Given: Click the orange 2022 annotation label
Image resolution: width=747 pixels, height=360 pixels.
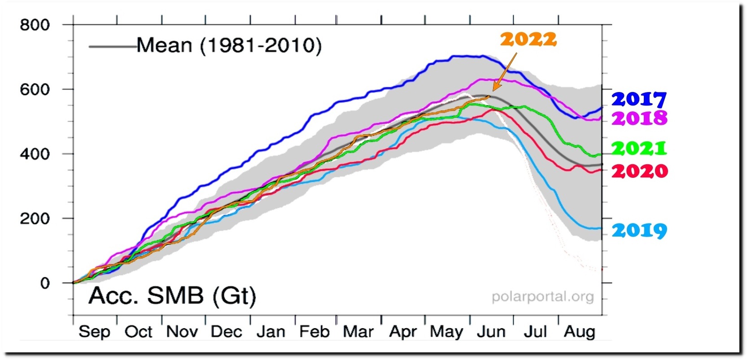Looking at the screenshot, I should [528, 40].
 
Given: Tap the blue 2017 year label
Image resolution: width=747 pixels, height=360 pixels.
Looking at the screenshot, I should [639, 99].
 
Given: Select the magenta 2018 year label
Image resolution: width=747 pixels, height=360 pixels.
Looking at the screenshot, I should [639, 118].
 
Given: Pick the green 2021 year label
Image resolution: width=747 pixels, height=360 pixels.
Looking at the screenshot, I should [639, 148].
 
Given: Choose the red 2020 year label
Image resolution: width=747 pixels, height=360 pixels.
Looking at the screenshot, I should [639, 171].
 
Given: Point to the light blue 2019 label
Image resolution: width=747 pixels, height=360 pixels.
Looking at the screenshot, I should [639, 230].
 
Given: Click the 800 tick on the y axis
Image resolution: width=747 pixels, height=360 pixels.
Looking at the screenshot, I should [35, 25].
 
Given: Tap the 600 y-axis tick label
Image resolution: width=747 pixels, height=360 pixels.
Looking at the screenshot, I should [35, 89].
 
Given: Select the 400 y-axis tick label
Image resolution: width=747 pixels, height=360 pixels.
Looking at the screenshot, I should [35, 154].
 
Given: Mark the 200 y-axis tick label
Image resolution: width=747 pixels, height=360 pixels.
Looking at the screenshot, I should [35, 219].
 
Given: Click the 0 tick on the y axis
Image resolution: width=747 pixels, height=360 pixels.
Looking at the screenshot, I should [45, 283].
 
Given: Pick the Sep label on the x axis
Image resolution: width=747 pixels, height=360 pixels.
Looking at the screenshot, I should [94, 332].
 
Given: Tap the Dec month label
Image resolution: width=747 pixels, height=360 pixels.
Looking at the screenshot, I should [226, 332].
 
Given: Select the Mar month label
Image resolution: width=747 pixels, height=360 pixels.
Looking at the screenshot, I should [358, 332].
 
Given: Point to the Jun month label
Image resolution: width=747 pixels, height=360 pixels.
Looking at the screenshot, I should [490, 332].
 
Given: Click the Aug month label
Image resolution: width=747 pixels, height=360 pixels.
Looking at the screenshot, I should [579, 332].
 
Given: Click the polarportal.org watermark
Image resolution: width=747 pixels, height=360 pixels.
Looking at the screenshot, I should [542, 297].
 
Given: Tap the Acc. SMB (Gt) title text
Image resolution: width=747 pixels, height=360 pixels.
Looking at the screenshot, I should [172, 296].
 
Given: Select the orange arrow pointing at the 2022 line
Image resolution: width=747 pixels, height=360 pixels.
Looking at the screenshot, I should [504, 72].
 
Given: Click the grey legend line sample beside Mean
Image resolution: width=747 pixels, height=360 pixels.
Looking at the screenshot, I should [112, 46].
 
